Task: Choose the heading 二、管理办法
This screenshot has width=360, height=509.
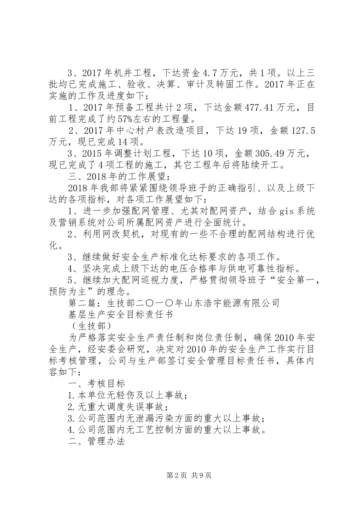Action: pyautogui.click(x=96, y=442)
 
